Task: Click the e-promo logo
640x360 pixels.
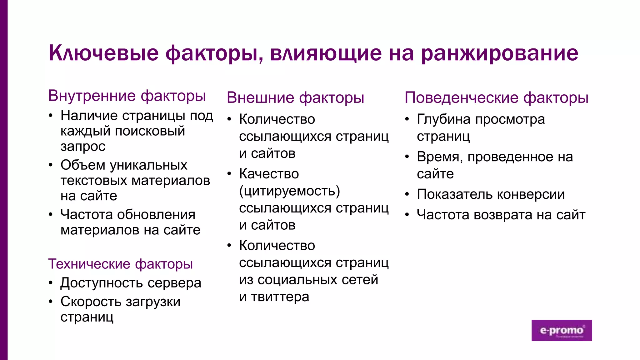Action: point(562,330)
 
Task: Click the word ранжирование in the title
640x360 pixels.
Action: point(499,53)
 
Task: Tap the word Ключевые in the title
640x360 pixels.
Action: point(103,53)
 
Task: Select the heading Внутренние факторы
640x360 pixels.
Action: point(127,96)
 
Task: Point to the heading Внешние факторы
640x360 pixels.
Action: point(295,97)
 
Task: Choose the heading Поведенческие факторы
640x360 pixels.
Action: point(496,97)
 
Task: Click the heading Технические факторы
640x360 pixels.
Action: point(120,264)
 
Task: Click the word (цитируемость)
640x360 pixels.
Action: point(289,191)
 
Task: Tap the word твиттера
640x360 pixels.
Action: point(280,297)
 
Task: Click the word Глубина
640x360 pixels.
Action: point(443,119)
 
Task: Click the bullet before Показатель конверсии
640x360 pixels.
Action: point(407,194)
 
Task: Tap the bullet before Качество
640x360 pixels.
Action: point(229,174)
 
